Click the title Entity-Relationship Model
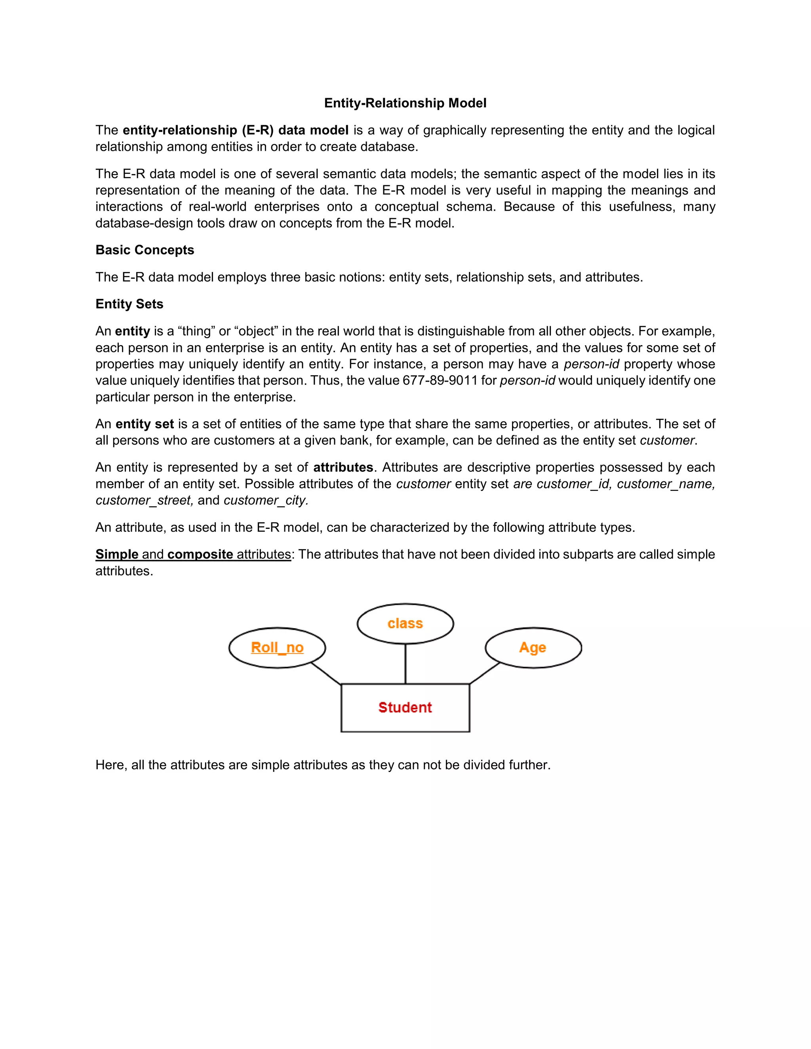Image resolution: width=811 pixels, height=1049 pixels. [405, 103]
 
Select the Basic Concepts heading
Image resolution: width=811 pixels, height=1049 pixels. [145, 250]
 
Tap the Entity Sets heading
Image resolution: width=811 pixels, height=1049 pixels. [129, 304]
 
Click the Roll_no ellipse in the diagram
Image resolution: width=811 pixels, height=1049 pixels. [277, 648]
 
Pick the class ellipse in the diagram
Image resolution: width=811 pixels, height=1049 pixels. [405, 623]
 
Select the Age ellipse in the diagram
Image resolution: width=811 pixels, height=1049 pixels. [533, 648]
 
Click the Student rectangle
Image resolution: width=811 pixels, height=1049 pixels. [405, 707]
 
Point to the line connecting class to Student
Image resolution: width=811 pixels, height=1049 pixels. [405, 664]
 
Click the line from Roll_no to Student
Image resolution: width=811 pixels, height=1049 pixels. [326, 673]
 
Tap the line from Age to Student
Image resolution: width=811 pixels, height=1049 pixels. [485, 673]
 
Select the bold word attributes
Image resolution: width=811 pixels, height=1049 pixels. [343, 467]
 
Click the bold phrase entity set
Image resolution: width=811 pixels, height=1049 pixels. [145, 424]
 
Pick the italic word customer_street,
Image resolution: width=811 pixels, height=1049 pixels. [144, 500]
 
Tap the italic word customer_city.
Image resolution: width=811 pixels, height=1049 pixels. [266, 500]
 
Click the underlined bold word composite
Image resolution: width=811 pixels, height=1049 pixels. [200, 554]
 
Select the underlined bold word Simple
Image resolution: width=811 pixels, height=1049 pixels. [117, 554]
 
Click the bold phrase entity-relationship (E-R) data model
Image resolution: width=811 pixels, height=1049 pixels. [236, 130]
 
